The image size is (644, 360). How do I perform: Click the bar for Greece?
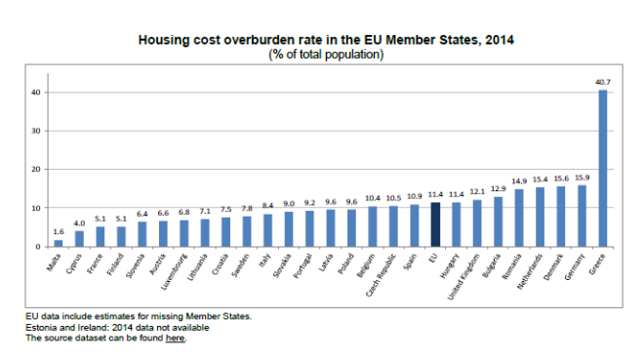point(602,169)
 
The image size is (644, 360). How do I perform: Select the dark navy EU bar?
point(435,224)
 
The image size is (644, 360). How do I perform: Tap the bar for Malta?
point(59,244)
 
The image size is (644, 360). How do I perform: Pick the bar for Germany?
point(582,216)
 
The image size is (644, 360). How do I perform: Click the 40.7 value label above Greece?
point(603,82)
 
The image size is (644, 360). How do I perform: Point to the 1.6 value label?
point(59,232)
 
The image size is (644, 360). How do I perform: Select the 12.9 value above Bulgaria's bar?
point(499,189)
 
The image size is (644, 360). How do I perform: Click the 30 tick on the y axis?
point(36,131)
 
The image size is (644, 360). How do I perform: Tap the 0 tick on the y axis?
point(38,247)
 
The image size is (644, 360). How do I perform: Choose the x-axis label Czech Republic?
point(381,275)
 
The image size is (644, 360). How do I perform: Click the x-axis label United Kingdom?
point(463,277)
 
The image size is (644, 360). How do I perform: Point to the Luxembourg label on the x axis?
point(174,272)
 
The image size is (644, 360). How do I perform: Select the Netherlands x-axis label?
point(530,271)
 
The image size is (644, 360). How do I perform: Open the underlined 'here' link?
point(175,339)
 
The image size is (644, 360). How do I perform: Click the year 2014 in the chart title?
point(499,40)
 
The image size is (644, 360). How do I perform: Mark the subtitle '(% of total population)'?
point(326,55)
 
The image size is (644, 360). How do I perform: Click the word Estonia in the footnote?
point(39,328)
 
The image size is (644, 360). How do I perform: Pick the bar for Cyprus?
point(79,239)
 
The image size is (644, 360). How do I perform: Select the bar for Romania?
point(519,218)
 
